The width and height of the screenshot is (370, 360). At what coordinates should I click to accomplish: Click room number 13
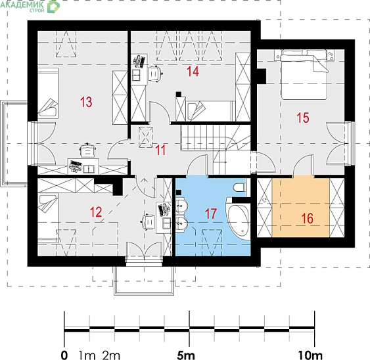tap(86, 102)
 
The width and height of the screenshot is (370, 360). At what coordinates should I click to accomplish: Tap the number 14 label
tap(193, 71)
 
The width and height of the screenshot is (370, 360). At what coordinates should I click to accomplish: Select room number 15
tap(303, 118)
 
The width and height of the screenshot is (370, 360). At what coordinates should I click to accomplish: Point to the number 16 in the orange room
tap(307, 218)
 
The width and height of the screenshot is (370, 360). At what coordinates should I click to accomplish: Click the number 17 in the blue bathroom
tap(211, 214)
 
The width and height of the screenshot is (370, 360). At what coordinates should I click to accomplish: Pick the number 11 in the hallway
tap(161, 150)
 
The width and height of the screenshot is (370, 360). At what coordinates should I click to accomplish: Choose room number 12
tap(96, 212)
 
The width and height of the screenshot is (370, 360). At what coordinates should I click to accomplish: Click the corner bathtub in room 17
tap(238, 220)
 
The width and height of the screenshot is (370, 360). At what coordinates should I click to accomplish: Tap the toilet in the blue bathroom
tap(239, 187)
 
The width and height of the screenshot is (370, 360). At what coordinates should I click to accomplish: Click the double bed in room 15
tap(304, 74)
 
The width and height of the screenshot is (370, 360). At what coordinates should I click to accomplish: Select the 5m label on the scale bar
tap(186, 355)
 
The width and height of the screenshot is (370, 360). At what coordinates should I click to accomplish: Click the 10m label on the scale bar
tap(310, 355)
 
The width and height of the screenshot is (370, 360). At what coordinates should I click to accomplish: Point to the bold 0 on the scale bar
tap(64, 355)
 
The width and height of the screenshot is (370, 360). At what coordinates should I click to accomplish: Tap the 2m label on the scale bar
tap(111, 355)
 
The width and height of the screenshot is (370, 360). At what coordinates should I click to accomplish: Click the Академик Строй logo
tap(30, 6)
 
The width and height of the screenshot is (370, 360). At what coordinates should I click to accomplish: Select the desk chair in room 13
tap(87, 150)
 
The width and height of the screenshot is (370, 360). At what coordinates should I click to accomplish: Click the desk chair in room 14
tap(155, 74)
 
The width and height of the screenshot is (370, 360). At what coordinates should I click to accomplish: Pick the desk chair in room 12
tap(148, 222)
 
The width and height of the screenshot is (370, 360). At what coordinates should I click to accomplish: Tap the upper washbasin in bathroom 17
tap(181, 206)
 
